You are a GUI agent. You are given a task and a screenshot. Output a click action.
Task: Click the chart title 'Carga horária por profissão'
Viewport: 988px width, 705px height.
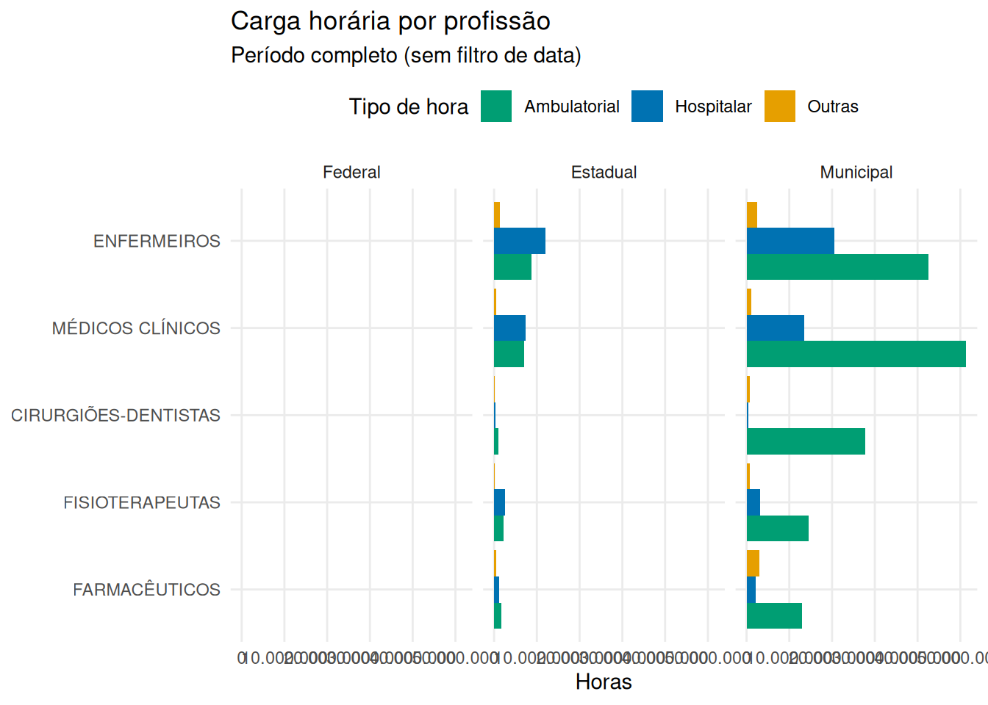click(x=390, y=21)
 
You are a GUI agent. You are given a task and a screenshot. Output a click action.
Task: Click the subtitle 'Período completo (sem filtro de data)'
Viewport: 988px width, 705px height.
click(x=406, y=56)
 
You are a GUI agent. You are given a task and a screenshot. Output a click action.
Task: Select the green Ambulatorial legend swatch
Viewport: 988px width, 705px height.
click(x=496, y=106)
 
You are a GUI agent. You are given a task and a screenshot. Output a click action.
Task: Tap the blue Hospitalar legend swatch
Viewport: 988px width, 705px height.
click(x=647, y=106)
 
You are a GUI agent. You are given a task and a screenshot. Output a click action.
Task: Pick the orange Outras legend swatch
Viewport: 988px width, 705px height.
click(x=780, y=106)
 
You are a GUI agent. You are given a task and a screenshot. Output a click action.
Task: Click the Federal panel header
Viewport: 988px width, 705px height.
click(x=351, y=173)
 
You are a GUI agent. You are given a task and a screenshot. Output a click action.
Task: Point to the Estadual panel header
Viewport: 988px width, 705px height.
click(x=604, y=173)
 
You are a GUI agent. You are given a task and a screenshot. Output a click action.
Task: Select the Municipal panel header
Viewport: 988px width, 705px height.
click(x=856, y=173)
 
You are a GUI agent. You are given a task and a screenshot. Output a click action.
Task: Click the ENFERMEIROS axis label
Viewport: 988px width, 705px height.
click(x=157, y=242)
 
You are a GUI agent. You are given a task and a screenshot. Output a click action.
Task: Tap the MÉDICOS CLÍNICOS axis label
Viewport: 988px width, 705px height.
click(x=136, y=328)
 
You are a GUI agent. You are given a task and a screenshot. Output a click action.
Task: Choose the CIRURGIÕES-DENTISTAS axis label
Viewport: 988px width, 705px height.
click(x=115, y=416)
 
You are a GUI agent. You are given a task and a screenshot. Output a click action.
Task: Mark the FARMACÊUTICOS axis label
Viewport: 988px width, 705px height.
click(x=146, y=590)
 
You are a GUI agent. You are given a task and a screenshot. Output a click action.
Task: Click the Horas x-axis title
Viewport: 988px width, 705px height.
click(x=604, y=682)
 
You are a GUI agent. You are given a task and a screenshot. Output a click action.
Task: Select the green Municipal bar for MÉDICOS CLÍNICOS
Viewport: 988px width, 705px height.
click(x=856, y=354)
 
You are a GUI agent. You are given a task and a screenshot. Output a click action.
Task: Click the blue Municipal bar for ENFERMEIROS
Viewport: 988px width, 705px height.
click(x=790, y=241)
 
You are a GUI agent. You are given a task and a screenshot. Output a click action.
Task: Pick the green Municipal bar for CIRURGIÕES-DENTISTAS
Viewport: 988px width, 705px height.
click(x=806, y=441)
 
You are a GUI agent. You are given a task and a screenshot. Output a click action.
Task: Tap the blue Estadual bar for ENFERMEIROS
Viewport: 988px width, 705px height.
click(x=520, y=241)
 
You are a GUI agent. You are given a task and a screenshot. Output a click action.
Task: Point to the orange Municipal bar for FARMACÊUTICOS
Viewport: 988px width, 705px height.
click(x=753, y=563)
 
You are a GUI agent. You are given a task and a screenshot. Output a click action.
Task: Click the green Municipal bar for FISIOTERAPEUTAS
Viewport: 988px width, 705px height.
click(x=778, y=529)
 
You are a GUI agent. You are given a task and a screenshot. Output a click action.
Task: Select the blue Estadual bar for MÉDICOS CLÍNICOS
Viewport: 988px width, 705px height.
click(x=509, y=328)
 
